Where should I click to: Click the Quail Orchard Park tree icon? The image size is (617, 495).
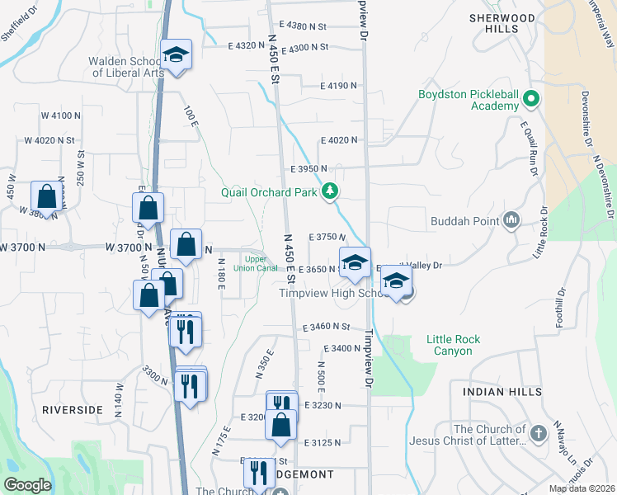(x=331, y=192)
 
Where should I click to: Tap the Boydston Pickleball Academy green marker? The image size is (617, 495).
(x=531, y=101)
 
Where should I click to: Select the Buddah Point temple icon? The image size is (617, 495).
(x=511, y=220)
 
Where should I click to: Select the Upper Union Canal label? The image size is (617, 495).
(x=255, y=262)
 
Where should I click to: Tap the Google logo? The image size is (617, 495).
(x=27, y=485)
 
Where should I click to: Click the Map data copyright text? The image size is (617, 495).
(x=582, y=488)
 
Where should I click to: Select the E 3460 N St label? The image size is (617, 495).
(x=326, y=328)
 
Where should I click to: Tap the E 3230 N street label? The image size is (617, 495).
(x=323, y=405)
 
